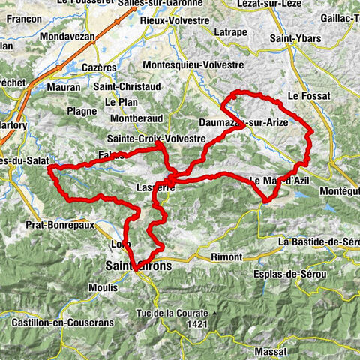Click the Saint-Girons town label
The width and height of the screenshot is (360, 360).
click(x=139, y=266)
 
